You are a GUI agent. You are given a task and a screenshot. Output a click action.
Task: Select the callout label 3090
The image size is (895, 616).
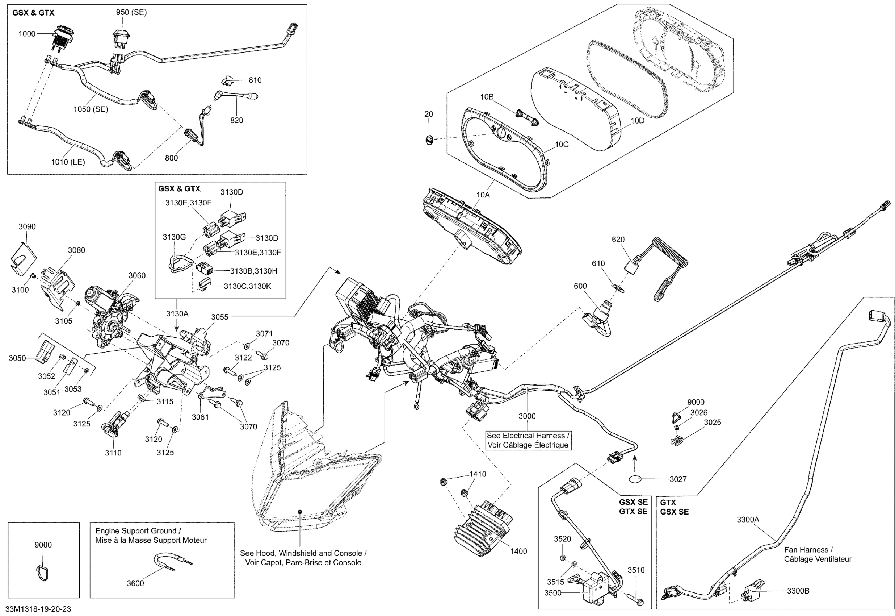click(27, 226)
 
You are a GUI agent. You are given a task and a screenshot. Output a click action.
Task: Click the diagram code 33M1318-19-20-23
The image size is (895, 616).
click(39, 609)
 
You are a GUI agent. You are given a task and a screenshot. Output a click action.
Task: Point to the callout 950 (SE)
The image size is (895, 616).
click(131, 12)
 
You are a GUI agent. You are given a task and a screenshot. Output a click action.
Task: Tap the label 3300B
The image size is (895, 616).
click(798, 591)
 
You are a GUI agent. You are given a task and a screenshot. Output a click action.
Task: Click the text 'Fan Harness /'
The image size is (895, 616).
click(808, 550)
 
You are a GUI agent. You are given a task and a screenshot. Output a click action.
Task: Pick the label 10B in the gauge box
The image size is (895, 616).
click(487, 97)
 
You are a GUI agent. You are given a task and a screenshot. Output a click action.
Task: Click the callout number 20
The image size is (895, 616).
click(429, 114)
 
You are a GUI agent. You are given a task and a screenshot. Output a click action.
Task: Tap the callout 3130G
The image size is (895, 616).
click(174, 237)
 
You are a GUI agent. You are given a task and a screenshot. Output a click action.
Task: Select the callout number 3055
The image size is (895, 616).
click(220, 317)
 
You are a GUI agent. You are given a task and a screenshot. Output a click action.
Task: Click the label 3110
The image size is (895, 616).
click(113, 453)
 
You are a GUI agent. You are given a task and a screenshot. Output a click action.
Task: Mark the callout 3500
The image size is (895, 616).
click(552, 593)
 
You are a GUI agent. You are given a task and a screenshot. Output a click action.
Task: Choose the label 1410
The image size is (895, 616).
click(478, 474)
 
